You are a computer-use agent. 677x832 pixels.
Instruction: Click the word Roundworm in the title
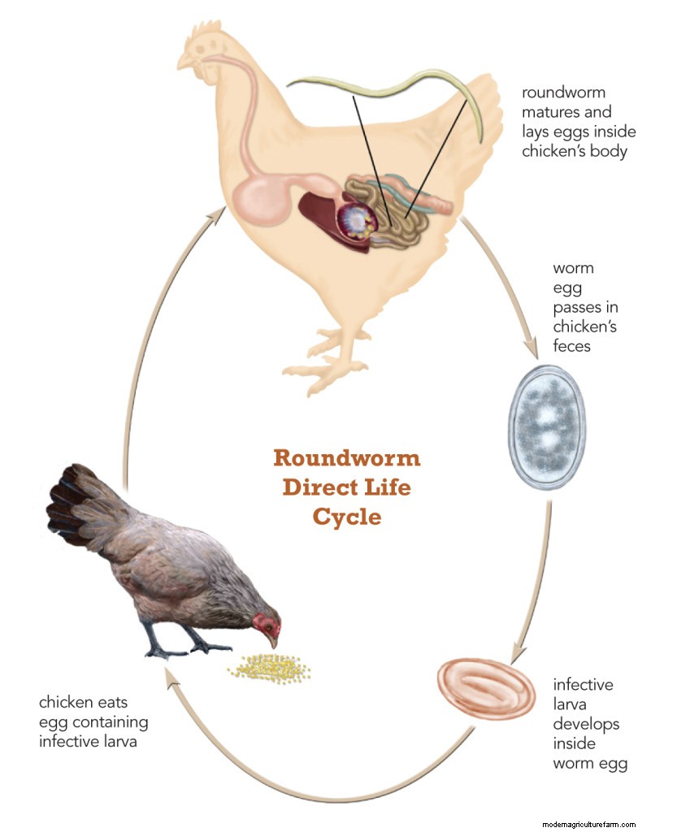coord(346,458)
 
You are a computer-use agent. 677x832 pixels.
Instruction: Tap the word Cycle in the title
coord(346,517)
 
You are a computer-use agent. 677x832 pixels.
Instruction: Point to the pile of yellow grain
coord(268,666)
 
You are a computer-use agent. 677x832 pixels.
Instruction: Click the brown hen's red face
coord(267,626)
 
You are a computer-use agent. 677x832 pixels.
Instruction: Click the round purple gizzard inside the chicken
coord(357,219)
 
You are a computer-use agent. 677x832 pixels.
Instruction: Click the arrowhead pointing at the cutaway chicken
coord(215,213)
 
